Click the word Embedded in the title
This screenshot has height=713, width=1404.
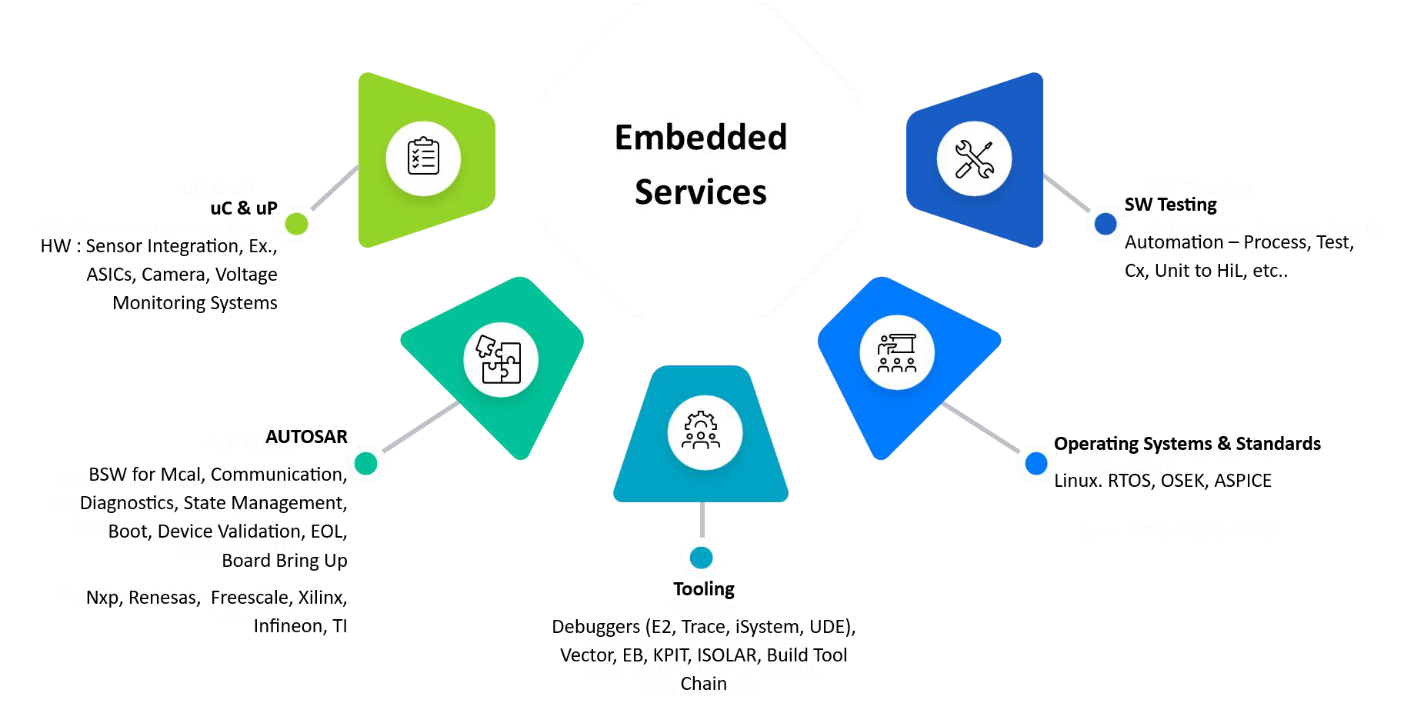coord(701,138)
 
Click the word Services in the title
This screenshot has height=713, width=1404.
coord(701,192)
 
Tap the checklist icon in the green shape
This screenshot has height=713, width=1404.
coord(423,158)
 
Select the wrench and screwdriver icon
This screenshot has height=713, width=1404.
coord(974,159)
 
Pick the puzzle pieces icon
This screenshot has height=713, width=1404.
coord(500,359)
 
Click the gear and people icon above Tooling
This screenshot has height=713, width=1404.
coord(703,431)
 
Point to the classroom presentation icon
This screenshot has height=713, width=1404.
coord(897,353)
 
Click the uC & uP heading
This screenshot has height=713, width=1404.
coord(244,208)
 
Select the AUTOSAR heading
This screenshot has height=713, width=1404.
coord(306,437)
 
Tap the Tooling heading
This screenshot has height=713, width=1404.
coord(704,589)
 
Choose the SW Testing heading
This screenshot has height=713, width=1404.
coord(1170,205)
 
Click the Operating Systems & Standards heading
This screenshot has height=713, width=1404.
coord(1187,444)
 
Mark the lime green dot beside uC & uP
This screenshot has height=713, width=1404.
coord(296,224)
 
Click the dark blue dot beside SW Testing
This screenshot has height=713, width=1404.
coord(1106,224)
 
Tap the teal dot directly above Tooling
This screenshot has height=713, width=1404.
coord(702,558)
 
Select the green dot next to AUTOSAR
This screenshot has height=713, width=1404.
coord(366,463)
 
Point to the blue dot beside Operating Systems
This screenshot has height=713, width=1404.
coord(1036,463)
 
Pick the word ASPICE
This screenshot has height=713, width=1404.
coord(1242,481)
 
